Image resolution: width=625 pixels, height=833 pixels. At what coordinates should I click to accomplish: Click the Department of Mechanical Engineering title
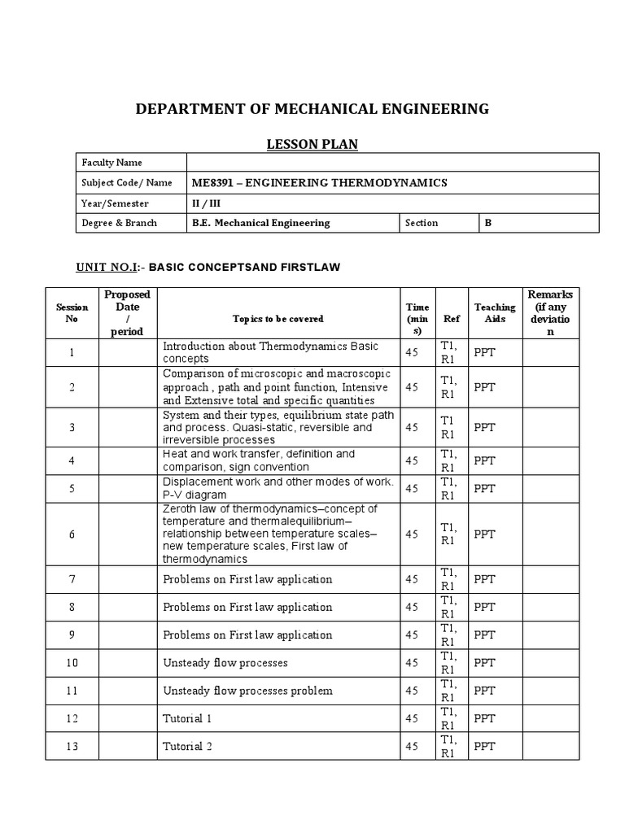click(312, 109)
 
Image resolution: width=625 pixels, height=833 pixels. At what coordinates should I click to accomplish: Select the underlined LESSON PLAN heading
click(312, 145)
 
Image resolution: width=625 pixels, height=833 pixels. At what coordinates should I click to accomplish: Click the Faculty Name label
click(111, 163)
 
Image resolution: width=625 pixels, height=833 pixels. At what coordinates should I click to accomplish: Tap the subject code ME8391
click(210, 183)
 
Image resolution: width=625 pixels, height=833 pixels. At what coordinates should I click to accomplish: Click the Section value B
click(489, 223)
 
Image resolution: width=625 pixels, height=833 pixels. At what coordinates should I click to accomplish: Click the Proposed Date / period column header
click(127, 313)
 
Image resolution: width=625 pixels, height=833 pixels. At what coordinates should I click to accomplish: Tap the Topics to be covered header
click(278, 319)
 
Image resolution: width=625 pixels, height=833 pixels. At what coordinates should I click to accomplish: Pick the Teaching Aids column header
click(495, 313)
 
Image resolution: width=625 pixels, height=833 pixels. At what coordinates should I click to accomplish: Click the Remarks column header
click(550, 313)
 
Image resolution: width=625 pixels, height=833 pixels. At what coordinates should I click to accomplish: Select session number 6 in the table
click(72, 534)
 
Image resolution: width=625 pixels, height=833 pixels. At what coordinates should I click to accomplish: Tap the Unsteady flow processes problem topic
click(247, 691)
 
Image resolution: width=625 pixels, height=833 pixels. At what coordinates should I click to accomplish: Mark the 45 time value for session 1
click(412, 352)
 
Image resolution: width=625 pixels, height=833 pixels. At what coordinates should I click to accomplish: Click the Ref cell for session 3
click(448, 427)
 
